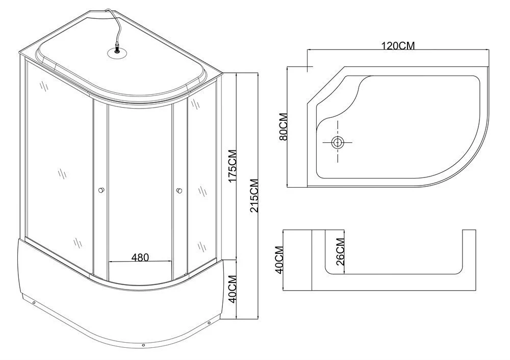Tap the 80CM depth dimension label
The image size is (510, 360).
point(283,126)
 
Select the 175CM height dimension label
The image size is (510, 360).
point(232,166)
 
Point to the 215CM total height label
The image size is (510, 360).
point(254,196)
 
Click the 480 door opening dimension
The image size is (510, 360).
point(140,257)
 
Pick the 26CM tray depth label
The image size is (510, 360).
point(340,252)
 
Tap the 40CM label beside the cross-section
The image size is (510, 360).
point(279,260)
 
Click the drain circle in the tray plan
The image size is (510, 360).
point(337,142)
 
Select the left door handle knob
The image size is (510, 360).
point(101,190)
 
